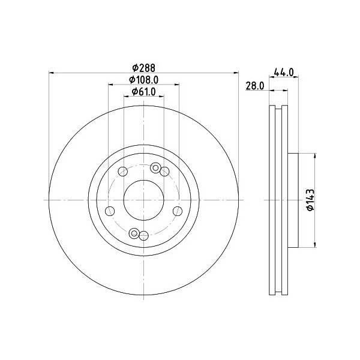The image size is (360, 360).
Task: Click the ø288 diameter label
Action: pos(143,68)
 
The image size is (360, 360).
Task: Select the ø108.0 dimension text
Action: pos(143,80)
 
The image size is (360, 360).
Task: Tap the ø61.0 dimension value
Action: pos(143,92)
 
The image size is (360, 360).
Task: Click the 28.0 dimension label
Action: pos(255,86)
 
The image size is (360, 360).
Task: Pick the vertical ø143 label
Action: pos(311,199)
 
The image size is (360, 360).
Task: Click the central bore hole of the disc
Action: pos(143,200)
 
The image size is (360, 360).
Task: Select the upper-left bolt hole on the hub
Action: pos(123,171)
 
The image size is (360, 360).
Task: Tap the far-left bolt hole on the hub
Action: pos(110,211)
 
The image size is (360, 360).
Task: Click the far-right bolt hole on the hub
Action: pos(178,211)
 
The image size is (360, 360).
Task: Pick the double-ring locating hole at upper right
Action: pos(156,167)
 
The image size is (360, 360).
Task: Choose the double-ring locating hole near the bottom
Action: pos(134,233)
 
